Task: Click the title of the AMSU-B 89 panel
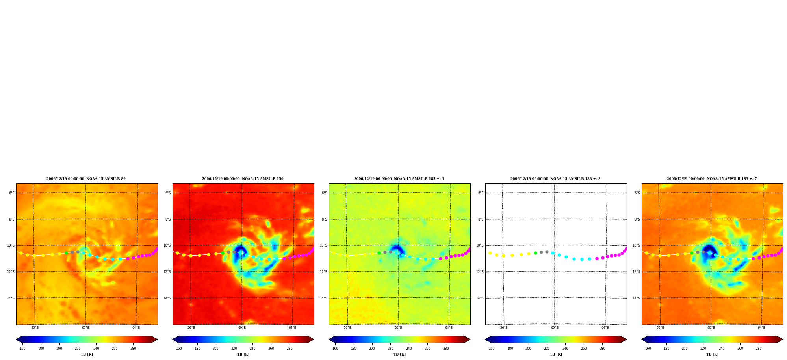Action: point(86,179)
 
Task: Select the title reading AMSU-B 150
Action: point(243,179)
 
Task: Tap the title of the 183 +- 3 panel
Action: point(555,179)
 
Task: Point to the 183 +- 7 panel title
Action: point(712,179)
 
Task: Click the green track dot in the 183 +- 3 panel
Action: point(535,253)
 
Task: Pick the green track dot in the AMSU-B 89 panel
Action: point(66,253)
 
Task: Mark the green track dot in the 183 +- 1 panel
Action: point(379,253)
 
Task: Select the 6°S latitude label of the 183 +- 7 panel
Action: point(637,193)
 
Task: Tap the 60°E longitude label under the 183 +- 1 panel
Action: point(398,328)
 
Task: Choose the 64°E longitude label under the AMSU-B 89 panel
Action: point(136,328)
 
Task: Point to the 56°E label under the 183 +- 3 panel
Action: point(504,328)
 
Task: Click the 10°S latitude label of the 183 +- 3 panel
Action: point(480,245)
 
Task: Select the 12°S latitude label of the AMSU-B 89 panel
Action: point(11,272)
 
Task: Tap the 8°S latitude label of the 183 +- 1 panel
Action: point(324,219)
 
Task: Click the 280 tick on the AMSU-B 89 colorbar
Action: point(133,349)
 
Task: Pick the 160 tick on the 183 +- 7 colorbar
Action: point(648,349)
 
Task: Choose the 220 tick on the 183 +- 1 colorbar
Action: point(390,349)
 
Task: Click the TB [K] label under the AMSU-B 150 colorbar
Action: point(243,354)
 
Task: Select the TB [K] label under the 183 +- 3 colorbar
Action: point(556,354)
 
